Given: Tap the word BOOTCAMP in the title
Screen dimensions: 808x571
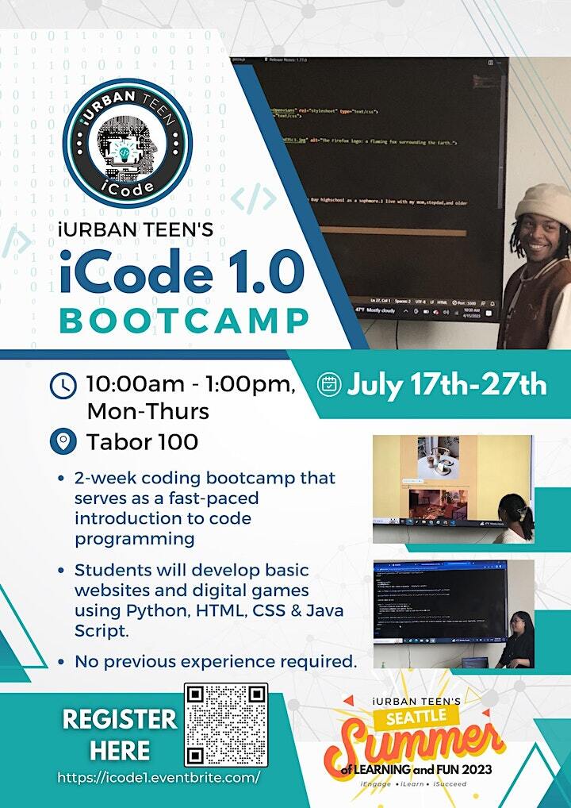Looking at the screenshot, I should pyautogui.click(x=183, y=321).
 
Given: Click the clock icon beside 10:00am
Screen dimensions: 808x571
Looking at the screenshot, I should pyautogui.click(x=63, y=386).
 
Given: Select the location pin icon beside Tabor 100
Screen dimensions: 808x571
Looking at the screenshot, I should pyautogui.click(x=63, y=441).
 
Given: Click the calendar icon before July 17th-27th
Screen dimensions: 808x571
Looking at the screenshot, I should pyautogui.click(x=328, y=384).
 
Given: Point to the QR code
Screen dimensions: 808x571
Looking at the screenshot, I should pyautogui.click(x=226, y=724).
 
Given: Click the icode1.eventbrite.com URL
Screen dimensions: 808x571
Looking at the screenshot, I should pyautogui.click(x=159, y=778).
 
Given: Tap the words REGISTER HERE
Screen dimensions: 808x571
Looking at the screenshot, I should pyautogui.click(x=120, y=734).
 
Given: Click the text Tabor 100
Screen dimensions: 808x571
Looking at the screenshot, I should pyautogui.click(x=142, y=441).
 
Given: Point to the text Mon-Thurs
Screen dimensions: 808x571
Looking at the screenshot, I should pyautogui.click(x=148, y=412).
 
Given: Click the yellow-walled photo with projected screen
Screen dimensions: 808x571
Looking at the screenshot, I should pyautogui.click(x=453, y=488).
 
